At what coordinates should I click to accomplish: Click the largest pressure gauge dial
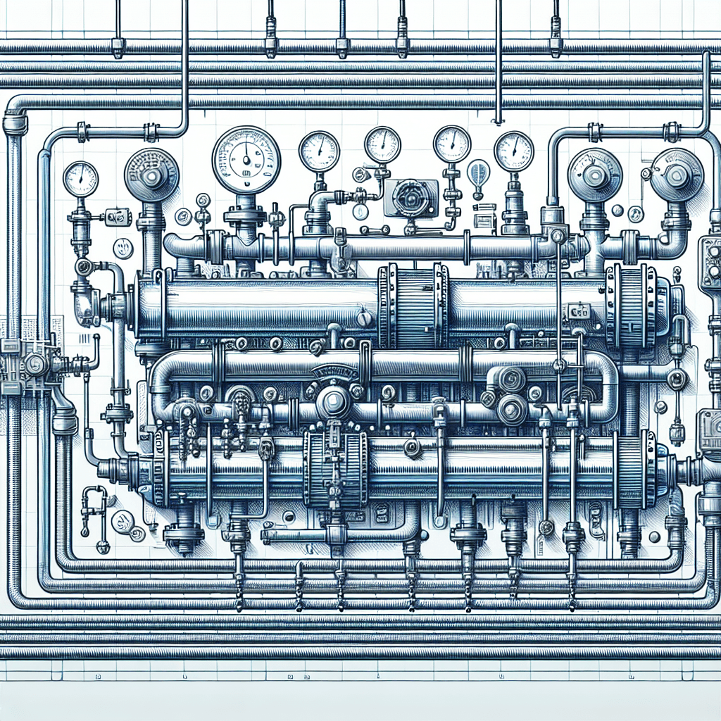tap(246, 160)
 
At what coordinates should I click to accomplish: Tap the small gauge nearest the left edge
tap(80, 179)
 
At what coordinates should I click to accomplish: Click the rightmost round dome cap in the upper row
tap(677, 175)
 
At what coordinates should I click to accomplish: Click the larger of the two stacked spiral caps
tap(512, 408)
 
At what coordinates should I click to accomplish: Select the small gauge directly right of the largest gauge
tap(319, 151)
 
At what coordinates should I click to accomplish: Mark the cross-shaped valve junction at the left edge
tap(32, 364)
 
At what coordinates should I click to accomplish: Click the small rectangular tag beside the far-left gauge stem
tap(115, 217)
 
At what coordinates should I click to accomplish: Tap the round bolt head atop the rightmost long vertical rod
tap(560, 235)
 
